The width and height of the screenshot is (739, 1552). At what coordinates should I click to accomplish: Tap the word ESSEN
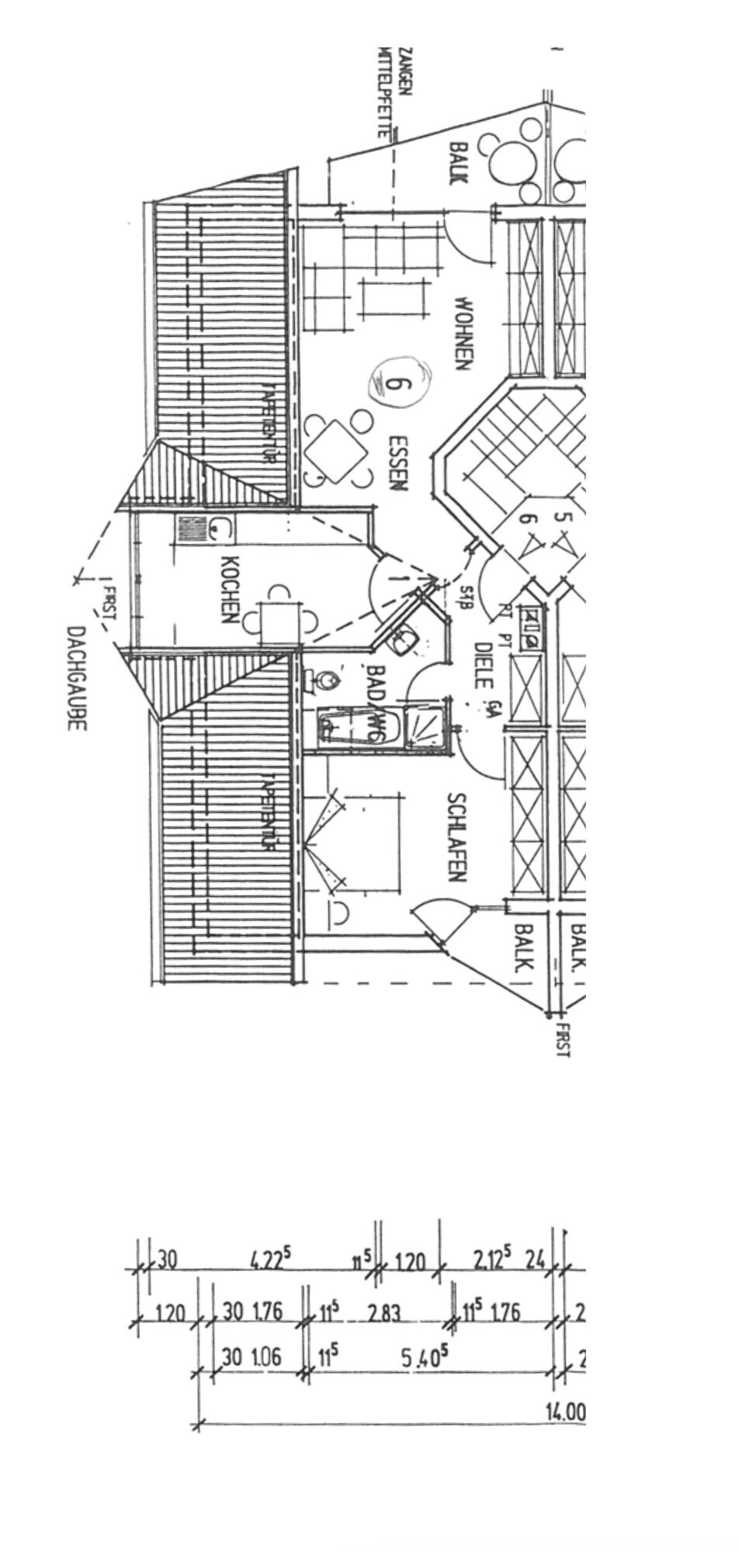point(397,462)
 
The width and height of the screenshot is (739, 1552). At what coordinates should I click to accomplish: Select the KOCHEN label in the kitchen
point(230,590)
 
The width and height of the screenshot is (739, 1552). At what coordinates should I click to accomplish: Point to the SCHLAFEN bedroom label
point(456,837)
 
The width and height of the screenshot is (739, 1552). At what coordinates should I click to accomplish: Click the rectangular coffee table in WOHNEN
point(395,300)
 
